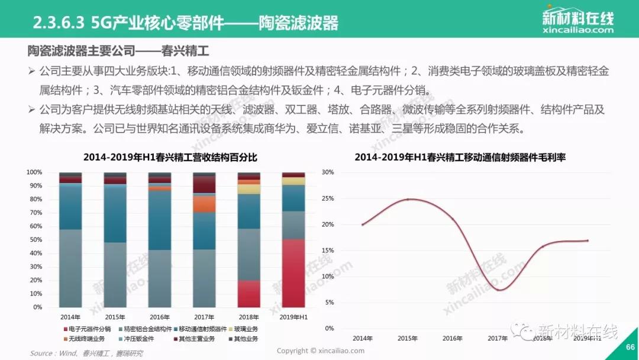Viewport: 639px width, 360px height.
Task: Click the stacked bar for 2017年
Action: tap(204, 240)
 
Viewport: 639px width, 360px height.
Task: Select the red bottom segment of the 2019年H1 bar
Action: tap(293, 273)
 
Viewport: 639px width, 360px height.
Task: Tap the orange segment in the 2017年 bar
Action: tap(204, 204)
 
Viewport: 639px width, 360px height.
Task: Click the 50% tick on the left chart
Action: tap(34, 240)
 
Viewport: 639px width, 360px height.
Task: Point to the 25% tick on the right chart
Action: tap(327, 198)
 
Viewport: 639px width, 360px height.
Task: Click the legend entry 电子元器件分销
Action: tap(88, 329)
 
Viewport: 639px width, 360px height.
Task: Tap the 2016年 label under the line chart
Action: tap(453, 338)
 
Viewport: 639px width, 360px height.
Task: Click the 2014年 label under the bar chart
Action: tap(70, 317)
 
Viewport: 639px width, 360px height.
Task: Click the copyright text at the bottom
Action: tap(320, 351)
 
